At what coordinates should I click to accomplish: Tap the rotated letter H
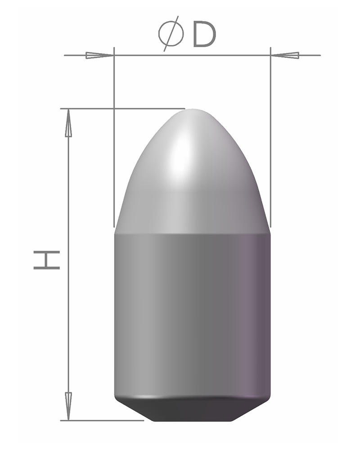click(x=47, y=260)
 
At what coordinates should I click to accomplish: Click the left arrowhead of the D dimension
click(x=99, y=55)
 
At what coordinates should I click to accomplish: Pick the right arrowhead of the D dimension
click(x=285, y=55)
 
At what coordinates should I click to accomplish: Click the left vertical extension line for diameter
click(x=114, y=135)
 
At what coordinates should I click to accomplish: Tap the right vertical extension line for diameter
click(x=270, y=135)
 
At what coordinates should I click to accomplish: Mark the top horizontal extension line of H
click(x=121, y=108)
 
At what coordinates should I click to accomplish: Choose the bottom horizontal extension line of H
click(x=103, y=421)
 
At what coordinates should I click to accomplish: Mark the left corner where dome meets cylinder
click(x=115, y=233)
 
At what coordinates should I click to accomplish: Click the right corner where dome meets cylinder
click(x=270, y=233)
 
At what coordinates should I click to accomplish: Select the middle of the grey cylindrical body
click(x=193, y=315)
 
